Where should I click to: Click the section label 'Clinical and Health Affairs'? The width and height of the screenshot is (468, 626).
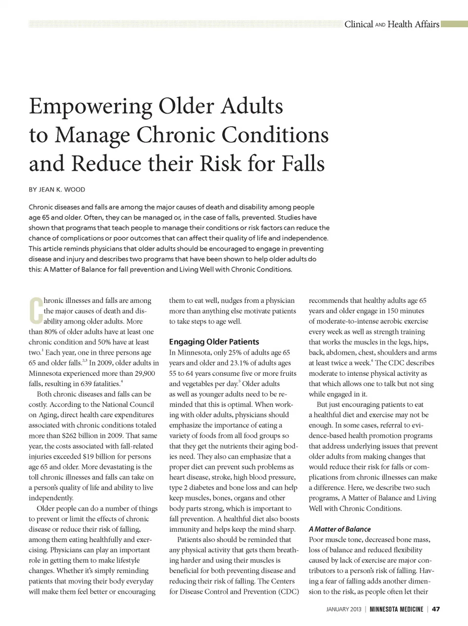[391, 24]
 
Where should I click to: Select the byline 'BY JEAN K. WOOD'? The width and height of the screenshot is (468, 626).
[57, 190]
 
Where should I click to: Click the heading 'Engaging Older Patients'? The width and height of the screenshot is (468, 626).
[214, 342]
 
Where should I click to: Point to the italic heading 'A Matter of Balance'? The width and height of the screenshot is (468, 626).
[339, 529]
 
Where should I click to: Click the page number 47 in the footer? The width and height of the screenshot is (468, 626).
[436, 609]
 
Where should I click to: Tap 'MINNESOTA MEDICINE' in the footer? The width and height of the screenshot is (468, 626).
[396, 609]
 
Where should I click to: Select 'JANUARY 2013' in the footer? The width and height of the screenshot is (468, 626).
[344, 609]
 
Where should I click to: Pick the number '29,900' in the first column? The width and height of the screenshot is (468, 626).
[143, 373]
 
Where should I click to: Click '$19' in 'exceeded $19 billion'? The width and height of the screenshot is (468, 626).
[88, 456]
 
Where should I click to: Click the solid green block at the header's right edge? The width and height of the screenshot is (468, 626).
[454, 24]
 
